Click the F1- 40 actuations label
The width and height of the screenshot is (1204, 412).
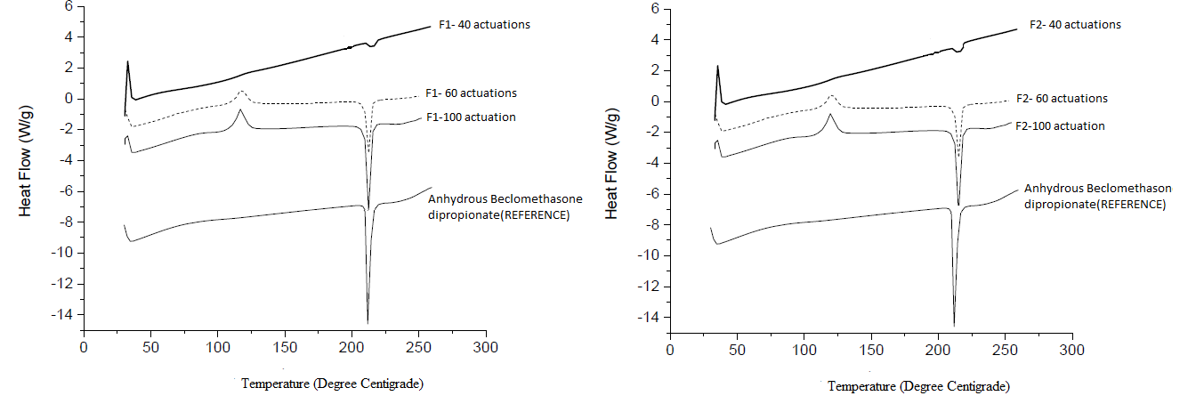pos(484,25)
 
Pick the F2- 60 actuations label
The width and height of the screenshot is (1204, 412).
pos(1062,99)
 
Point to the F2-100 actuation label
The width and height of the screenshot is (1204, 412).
pos(1060,126)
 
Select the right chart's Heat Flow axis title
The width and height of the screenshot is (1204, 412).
pos(612,169)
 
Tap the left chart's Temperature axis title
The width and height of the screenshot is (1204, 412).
pos(332,384)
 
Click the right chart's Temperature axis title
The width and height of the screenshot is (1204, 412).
pos(918,386)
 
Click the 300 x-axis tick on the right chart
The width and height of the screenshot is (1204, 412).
pos(1072,350)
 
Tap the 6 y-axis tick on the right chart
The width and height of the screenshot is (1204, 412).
pos(654,9)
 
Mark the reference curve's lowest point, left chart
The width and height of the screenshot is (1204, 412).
pos(368,323)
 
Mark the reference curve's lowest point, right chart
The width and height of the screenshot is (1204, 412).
pos(954,326)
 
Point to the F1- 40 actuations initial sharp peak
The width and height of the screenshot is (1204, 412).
pos(128,61)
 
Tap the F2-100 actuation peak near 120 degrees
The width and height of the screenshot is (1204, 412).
pos(830,114)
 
